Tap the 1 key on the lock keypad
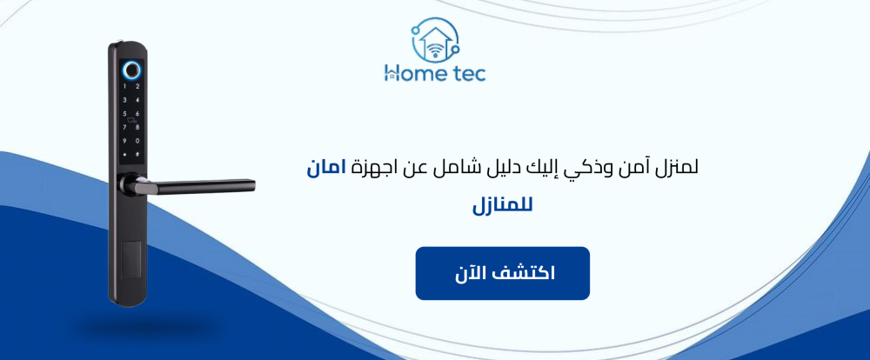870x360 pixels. point(125,86)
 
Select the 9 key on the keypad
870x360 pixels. point(125,141)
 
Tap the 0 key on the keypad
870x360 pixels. point(137,141)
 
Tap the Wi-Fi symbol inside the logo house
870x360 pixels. point(435,46)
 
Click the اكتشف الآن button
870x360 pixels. point(502,273)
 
